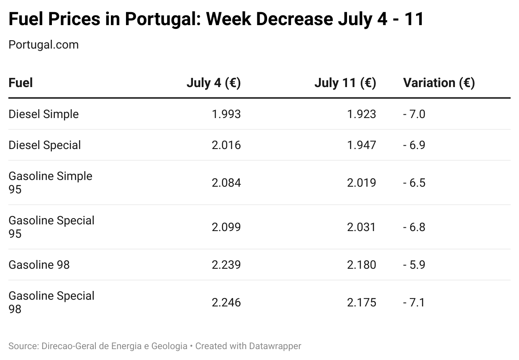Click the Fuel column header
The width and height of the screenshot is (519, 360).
click(x=21, y=83)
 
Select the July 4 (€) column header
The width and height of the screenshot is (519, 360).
click(x=213, y=83)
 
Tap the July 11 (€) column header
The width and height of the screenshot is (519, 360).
click(x=345, y=83)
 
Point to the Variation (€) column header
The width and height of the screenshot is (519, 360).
click(x=439, y=83)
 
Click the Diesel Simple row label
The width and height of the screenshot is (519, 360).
click(x=44, y=114)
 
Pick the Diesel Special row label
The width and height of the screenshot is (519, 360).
click(x=45, y=145)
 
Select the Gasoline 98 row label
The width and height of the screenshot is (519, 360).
click(x=39, y=265)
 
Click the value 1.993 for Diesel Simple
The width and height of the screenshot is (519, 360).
click(x=226, y=114)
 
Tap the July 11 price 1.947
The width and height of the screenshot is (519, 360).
click(x=362, y=145)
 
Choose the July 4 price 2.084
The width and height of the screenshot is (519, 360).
click(x=226, y=183)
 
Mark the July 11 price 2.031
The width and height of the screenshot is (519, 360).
click(x=362, y=227)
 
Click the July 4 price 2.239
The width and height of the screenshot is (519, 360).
click(x=226, y=265)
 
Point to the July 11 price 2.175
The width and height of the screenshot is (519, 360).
click(x=362, y=302)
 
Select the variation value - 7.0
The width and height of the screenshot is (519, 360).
click(x=414, y=114)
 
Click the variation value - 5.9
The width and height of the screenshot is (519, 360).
click(x=414, y=265)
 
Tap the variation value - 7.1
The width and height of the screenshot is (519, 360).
click(x=414, y=302)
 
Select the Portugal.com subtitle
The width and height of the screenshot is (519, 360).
click(x=44, y=45)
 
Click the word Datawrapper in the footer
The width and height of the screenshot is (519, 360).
click(x=275, y=346)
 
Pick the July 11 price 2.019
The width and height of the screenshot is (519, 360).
click(x=362, y=183)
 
